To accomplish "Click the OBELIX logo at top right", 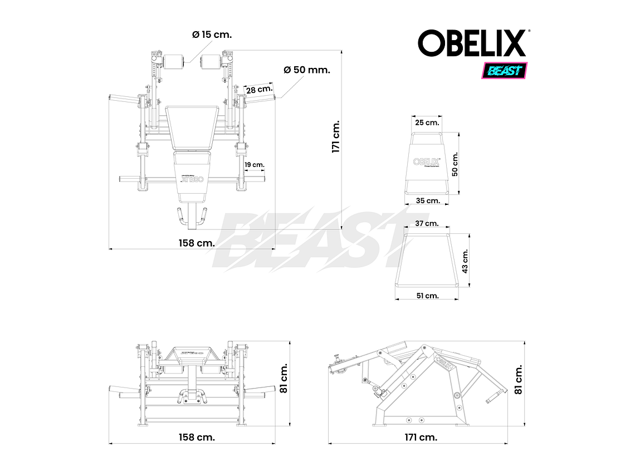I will click(x=472, y=43).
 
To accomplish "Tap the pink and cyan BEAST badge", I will click(x=504, y=71).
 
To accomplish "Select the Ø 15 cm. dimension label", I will click(x=212, y=35).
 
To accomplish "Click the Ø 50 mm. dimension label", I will click(x=307, y=70).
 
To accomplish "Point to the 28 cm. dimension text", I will click(x=260, y=89).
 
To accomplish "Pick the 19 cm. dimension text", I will click(x=254, y=165).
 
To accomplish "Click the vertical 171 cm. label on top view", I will click(x=335, y=137).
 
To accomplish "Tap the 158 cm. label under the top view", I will click(x=197, y=243).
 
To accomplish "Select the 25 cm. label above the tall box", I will click(x=428, y=122).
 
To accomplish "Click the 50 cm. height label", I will click(x=455, y=164).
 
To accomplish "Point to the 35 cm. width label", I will click(x=428, y=200).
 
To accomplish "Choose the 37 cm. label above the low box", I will click(x=427, y=223).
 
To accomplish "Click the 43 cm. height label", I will click(x=466, y=260).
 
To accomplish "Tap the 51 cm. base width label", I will click(x=427, y=296).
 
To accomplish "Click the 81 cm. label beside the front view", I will click(x=284, y=379).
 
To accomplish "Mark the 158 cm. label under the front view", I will click(x=197, y=438).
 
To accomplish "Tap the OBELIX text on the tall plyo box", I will click(x=427, y=161).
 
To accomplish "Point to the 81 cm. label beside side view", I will click(x=519, y=379).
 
